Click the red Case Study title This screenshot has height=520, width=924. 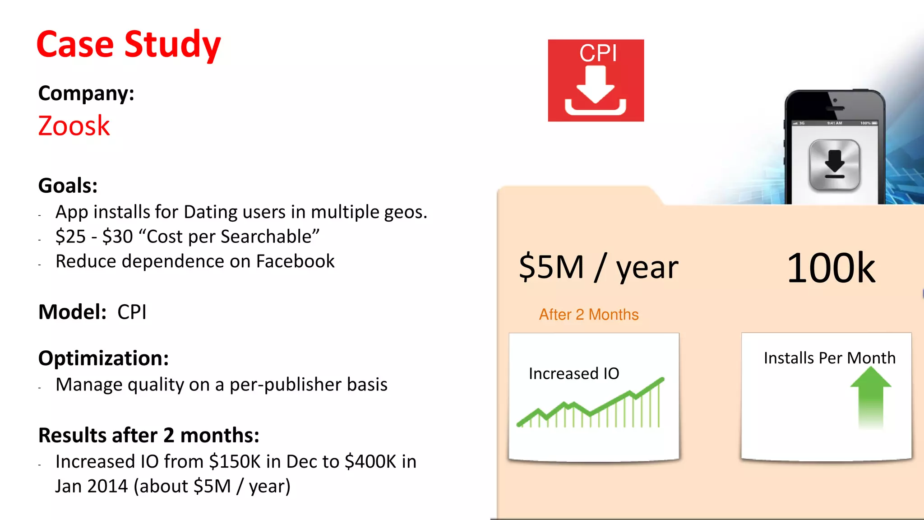tap(128, 44)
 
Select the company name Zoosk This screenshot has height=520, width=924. tap(74, 125)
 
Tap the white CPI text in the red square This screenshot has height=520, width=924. tap(598, 53)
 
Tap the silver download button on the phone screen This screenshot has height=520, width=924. tap(834, 165)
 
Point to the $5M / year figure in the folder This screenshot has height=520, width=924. tap(598, 267)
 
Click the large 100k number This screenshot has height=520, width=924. tap(831, 268)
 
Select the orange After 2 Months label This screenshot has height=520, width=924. tap(589, 314)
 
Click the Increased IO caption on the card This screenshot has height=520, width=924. tap(574, 373)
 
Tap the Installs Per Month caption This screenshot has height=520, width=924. tap(829, 358)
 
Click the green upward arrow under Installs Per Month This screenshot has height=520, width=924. tap(870, 395)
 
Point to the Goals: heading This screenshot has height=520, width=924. tap(68, 186)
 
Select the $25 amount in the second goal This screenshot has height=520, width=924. tap(71, 237)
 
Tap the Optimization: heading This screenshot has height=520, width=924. tap(103, 358)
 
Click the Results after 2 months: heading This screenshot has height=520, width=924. tap(148, 435)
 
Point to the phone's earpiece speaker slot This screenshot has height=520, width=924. tap(835, 108)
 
